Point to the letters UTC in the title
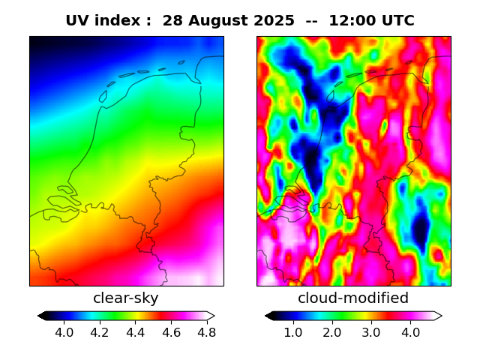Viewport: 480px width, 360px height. coord(397,21)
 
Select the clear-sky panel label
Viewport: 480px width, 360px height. coord(126,298)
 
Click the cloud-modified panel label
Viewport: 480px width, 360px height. coord(353,298)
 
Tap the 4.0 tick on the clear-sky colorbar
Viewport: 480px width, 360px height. coord(64,332)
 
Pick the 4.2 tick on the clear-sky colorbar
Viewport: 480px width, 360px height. coord(100,332)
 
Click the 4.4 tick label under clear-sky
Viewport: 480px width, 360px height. coord(135,332)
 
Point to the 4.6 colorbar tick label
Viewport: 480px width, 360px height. coord(171,332)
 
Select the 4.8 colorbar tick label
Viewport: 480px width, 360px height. coord(206,332)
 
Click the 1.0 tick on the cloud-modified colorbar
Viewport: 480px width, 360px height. coord(292,332)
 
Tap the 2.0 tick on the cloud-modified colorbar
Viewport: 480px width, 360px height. coord(331,332)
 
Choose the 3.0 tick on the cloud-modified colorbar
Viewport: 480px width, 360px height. coord(370,332)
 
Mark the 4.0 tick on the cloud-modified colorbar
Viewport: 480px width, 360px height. coord(409,332)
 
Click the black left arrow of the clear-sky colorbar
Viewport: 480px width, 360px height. coord(42,316)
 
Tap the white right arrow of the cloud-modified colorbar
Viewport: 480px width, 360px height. coord(437,316)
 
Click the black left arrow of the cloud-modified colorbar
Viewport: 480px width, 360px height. coord(269,316)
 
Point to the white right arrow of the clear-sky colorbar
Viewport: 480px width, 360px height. coord(211,316)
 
